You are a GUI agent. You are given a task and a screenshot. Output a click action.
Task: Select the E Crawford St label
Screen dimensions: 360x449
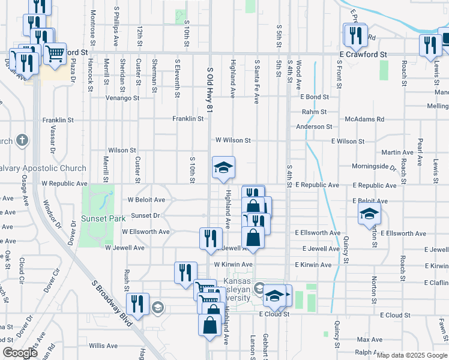363,54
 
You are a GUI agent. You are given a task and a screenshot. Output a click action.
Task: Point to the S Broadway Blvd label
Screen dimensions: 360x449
112,303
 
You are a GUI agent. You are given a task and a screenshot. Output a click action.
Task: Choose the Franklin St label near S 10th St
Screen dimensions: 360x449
188,119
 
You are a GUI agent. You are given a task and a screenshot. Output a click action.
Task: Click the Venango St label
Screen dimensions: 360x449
122,98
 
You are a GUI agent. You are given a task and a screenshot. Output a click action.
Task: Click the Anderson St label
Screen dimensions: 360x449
314,127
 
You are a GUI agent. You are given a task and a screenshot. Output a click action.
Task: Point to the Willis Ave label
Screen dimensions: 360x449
103,346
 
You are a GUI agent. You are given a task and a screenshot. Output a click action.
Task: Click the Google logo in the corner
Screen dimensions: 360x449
20,353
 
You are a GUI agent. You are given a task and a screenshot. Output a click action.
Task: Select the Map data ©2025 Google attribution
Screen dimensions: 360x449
412,355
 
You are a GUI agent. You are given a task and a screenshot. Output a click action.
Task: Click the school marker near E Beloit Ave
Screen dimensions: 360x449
369,214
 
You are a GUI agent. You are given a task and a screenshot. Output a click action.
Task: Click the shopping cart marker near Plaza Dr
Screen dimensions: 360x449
55,54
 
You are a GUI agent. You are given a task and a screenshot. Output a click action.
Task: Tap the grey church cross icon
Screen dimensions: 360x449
22,141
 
